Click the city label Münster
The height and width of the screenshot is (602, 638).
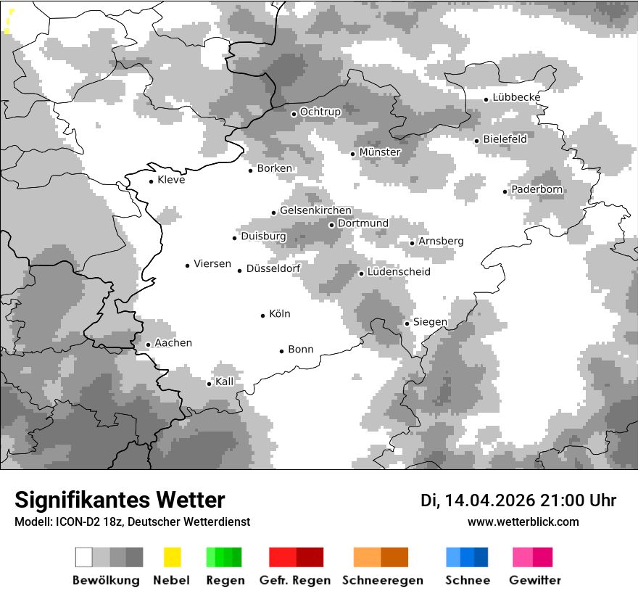coord(380,152)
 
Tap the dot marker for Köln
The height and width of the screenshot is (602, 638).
coord(263,316)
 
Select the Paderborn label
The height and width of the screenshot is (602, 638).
coord(537,190)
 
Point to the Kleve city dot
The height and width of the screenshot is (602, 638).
coord(151,181)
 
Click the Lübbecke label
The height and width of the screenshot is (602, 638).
coord(516,98)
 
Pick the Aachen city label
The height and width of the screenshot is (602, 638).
coord(173,343)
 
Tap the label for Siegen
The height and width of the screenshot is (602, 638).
coord(430,322)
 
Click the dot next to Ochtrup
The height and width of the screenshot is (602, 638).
coord(294,113)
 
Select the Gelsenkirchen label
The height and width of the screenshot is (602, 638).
coord(315,211)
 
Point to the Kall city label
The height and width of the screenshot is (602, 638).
coord(225,382)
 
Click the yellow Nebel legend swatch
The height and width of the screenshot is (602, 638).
coord(172,557)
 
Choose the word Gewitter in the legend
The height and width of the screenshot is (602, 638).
coord(535,580)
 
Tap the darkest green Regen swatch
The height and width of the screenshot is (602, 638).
coord(237,557)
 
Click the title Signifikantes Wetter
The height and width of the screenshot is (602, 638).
coord(120,500)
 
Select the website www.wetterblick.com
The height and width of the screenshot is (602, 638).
coord(523,521)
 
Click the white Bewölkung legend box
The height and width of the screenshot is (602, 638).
coord(83,557)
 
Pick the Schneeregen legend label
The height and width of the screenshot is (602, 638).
coord(382,580)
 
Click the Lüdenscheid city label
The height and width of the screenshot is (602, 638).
coord(399,272)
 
